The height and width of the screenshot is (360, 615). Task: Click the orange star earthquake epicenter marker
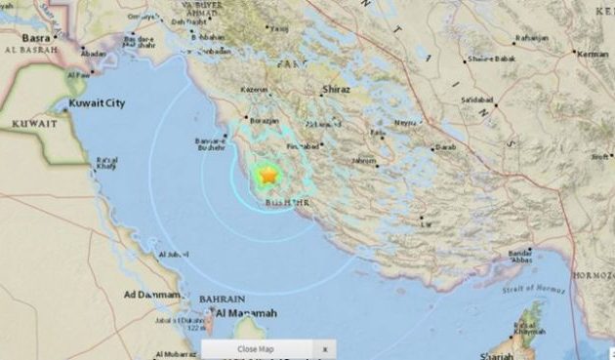[267, 176]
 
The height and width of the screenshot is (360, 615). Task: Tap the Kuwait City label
[102, 101]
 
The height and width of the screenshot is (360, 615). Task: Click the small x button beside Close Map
[325, 348]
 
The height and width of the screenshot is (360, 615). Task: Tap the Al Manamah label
[246, 312]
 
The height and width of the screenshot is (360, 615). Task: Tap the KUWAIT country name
[33, 123]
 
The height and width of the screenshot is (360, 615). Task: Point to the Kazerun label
[255, 90]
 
